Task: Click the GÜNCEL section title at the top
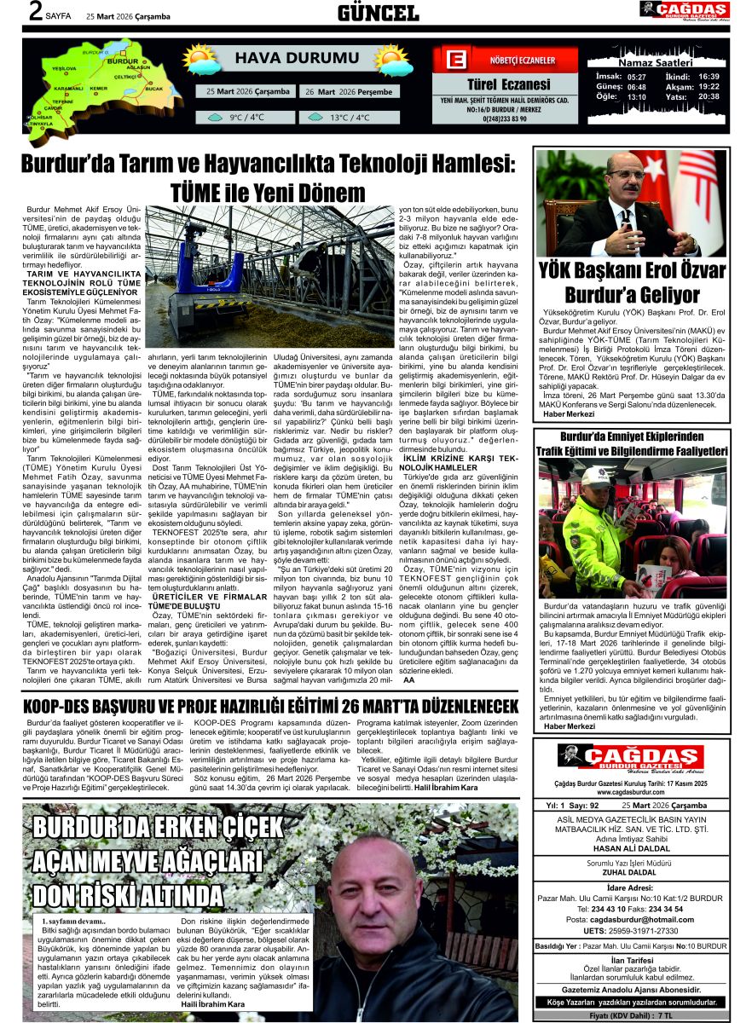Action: (378, 12)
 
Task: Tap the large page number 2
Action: (35, 12)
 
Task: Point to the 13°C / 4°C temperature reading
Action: (350, 118)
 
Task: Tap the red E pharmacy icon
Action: (455, 61)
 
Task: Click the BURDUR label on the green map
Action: (124, 62)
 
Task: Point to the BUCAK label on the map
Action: (153, 88)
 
